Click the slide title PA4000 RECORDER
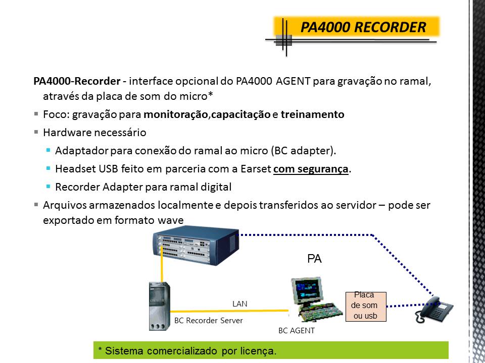(363, 27)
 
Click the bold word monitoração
(175, 114)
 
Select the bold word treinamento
(312, 114)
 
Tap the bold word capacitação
(241, 114)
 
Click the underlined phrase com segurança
(311, 169)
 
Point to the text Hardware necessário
(94, 133)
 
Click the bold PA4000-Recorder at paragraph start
(77, 82)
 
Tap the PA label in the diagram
(314, 259)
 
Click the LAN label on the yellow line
(239, 304)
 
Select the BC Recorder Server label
(208, 321)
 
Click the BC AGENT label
(296, 331)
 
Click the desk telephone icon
(434, 309)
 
